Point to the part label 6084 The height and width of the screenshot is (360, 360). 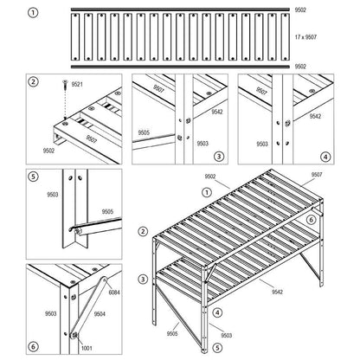tap(112, 293)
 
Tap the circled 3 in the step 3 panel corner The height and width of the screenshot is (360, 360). tap(220, 156)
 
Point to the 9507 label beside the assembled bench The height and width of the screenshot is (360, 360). tap(316, 175)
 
